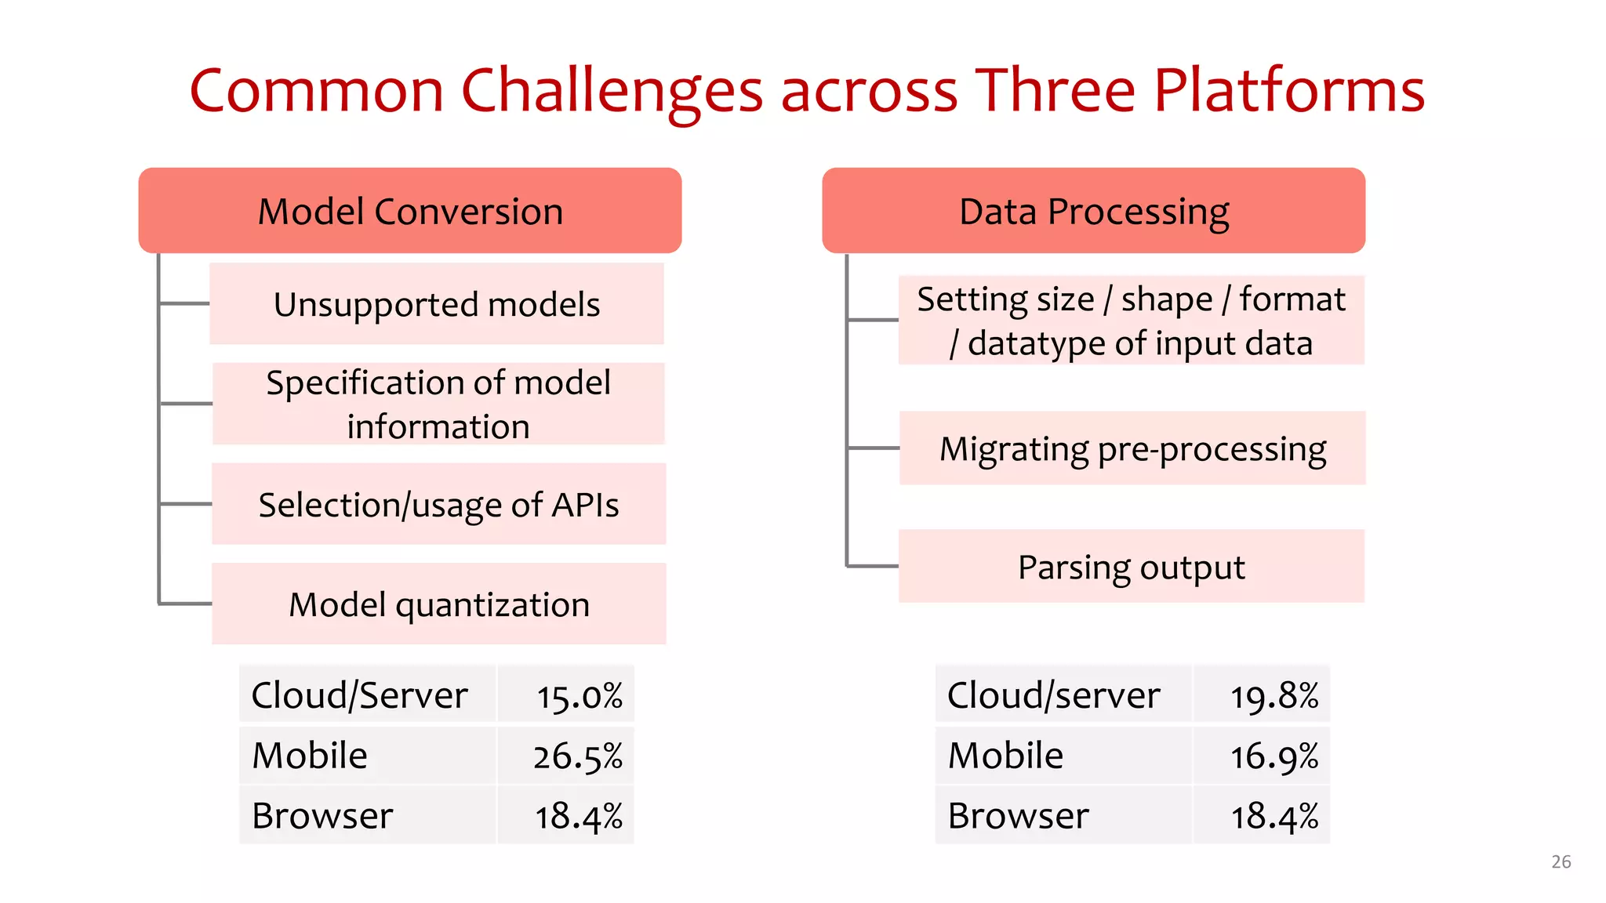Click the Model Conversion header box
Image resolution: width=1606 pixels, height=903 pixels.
coord(409,211)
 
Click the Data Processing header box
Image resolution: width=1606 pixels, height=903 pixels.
coord(1093,211)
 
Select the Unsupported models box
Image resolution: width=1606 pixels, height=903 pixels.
coord(437,304)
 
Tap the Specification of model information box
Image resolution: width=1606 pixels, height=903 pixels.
coord(438,404)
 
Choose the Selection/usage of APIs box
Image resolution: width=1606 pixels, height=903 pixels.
coord(438,504)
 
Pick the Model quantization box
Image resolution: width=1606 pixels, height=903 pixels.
coord(438,604)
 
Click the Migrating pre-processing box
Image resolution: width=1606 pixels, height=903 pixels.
coord(1132,448)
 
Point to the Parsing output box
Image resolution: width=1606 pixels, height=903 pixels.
coord(1131,567)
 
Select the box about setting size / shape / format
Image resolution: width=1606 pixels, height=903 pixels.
coord(1131,321)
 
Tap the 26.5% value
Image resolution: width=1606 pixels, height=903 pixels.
coord(577,756)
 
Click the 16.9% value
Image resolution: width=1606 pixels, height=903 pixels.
coord(1274,756)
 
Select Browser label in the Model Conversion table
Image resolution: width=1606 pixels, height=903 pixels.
coord(322,816)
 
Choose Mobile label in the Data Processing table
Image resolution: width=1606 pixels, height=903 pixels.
coord(1005,756)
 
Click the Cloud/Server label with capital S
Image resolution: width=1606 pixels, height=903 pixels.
coord(359,695)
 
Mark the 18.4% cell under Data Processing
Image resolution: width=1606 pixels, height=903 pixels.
coord(1274,816)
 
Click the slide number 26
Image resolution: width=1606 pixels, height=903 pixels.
coord(1561,861)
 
